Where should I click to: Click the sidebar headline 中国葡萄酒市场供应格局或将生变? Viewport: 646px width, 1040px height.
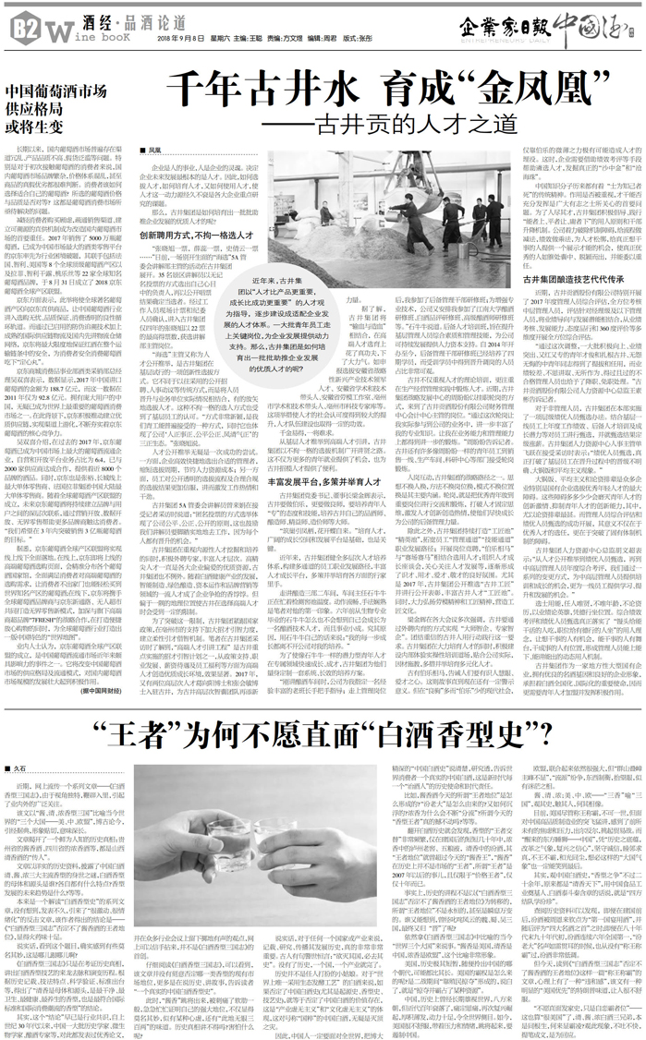pyautogui.click(x=56, y=106)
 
